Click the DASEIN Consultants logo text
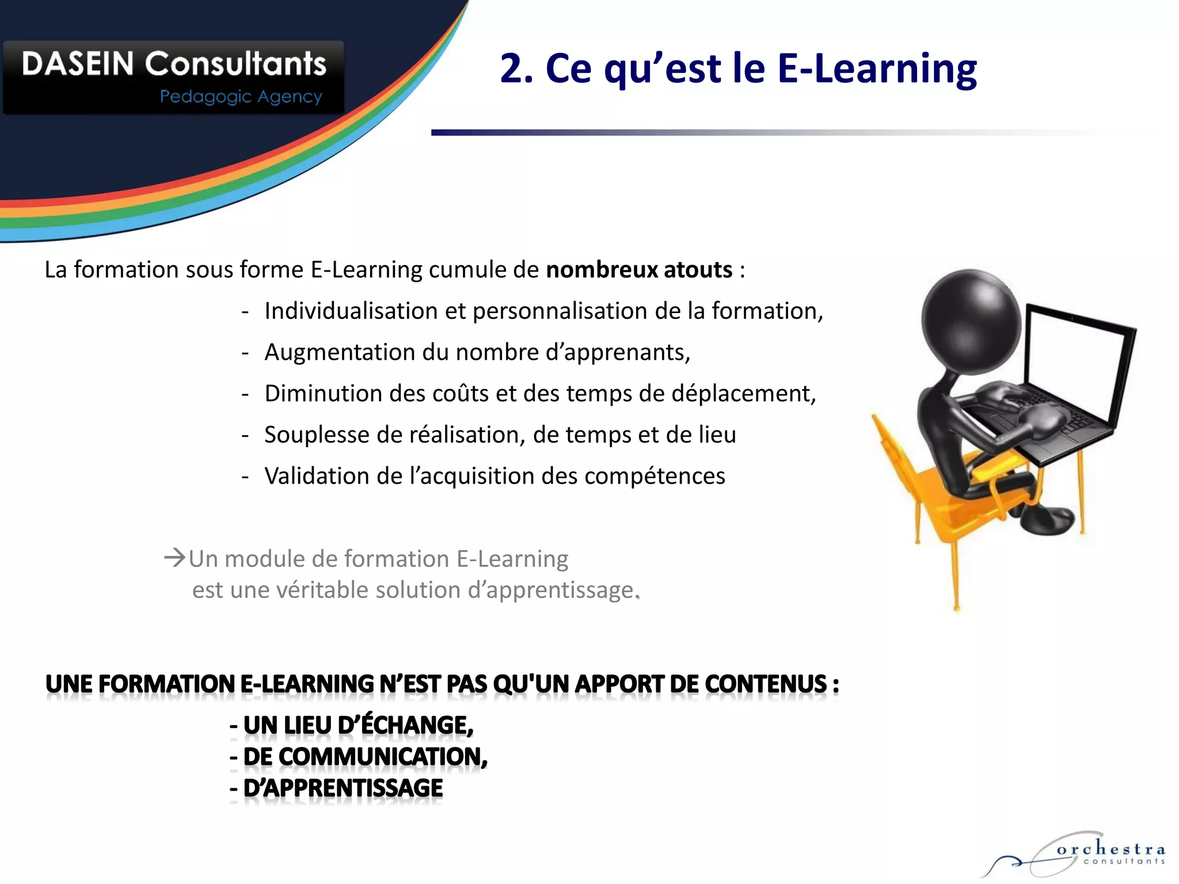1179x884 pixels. pyautogui.click(x=174, y=64)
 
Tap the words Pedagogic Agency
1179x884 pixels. pyautogui.click(x=241, y=97)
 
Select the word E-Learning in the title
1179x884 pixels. pyautogui.click(x=877, y=69)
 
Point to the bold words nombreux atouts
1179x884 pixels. pyautogui.click(x=639, y=270)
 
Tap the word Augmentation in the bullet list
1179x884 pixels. pyautogui.click(x=340, y=352)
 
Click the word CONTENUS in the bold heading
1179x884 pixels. pyautogui.click(x=766, y=684)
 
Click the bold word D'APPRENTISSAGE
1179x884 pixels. pyautogui.click(x=343, y=788)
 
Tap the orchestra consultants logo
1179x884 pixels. pyautogui.click(x=1082, y=855)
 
